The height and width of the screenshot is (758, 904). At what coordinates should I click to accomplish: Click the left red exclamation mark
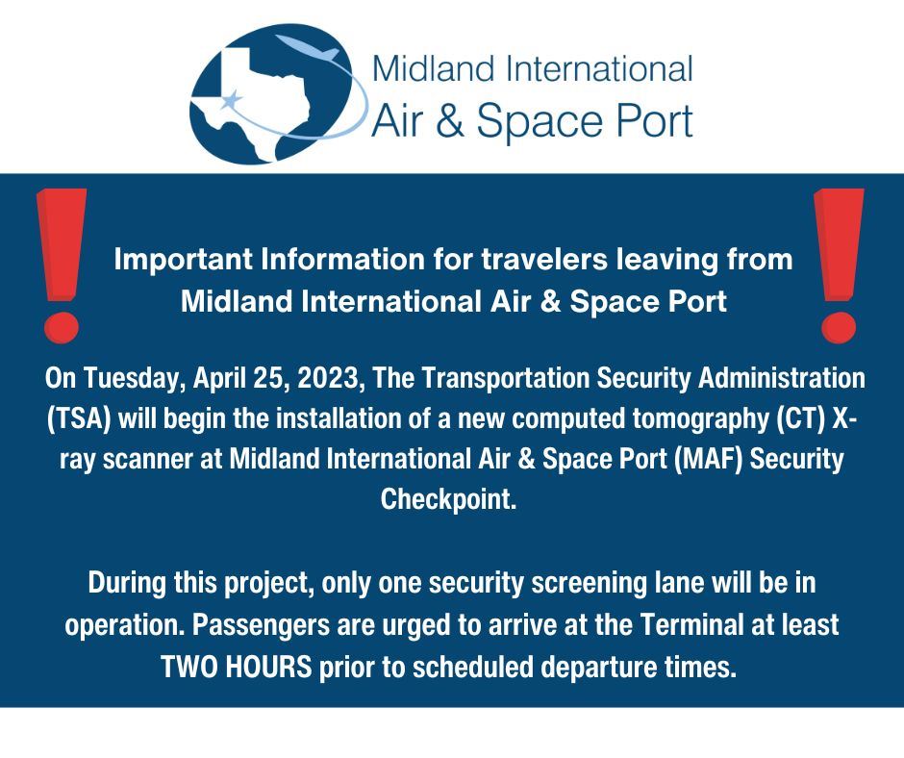tap(60, 265)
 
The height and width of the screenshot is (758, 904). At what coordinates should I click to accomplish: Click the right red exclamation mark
tap(838, 265)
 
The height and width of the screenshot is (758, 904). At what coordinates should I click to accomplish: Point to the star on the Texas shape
tap(232, 100)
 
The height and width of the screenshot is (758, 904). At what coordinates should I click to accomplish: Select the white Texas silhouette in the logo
tap(255, 91)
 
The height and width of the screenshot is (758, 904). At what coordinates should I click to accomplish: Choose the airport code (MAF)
tap(712, 460)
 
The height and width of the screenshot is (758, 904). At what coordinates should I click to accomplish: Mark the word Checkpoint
tap(451, 500)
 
